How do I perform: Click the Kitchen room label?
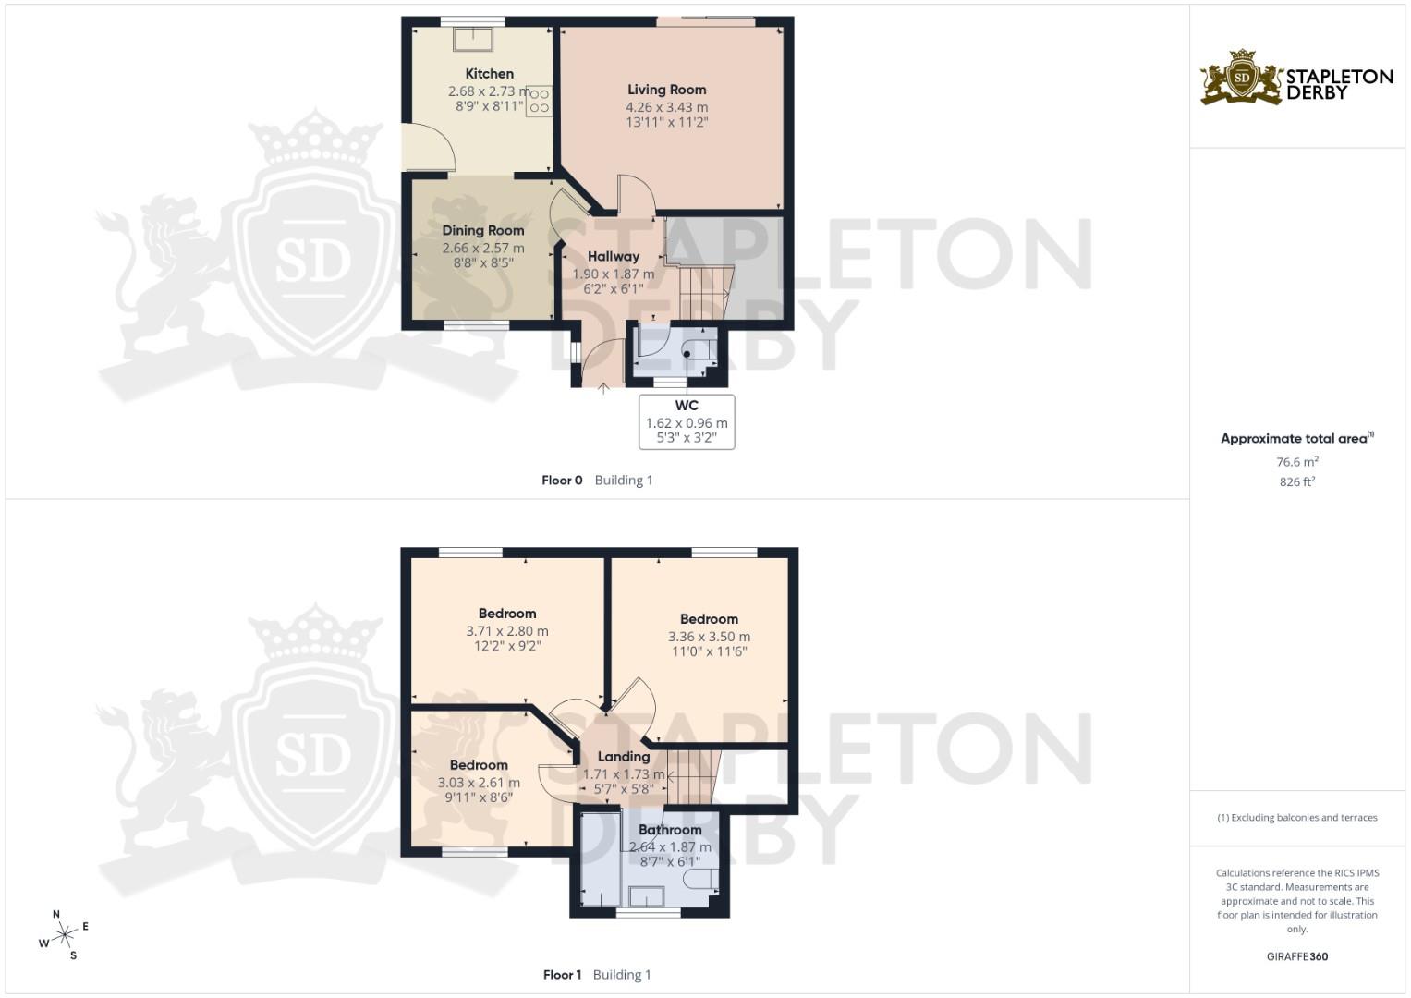coord(489,74)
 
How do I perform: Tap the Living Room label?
coord(666,90)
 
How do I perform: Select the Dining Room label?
coord(482,231)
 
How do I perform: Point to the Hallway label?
coord(613,257)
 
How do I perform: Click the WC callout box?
coord(687,422)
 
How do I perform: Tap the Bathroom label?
coord(670,830)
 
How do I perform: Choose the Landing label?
coord(624,757)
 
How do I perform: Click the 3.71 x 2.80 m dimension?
coord(507,631)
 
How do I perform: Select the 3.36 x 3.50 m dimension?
coord(709,637)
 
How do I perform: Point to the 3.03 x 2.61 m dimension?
coord(479,783)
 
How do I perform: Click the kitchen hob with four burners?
coord(539,101)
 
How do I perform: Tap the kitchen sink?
coord(473,39)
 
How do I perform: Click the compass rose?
coord(64,936)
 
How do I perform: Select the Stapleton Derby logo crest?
coord(1242,78)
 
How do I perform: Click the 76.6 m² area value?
coord(1297,462)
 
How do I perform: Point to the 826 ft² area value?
coord(1297,481)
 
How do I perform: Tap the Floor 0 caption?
coord(562,481)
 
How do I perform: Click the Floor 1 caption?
coord(562,975)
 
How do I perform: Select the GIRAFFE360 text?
coord(1297,956)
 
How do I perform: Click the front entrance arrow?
coord(603,389)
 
